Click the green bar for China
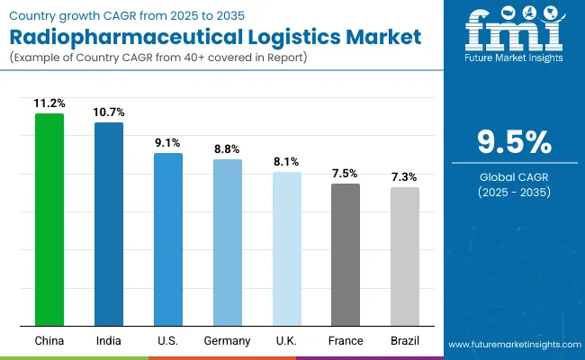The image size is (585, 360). point(49,220)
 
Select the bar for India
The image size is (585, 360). point(109,224)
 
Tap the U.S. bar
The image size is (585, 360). point(168,239)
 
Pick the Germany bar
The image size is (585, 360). point(228,243)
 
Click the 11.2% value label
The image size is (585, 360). point(49,104)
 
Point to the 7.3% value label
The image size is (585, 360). point(404,178)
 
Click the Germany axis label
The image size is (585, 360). point(228,341)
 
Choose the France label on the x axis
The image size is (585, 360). point(346,341)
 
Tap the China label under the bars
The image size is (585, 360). point(49,341)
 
